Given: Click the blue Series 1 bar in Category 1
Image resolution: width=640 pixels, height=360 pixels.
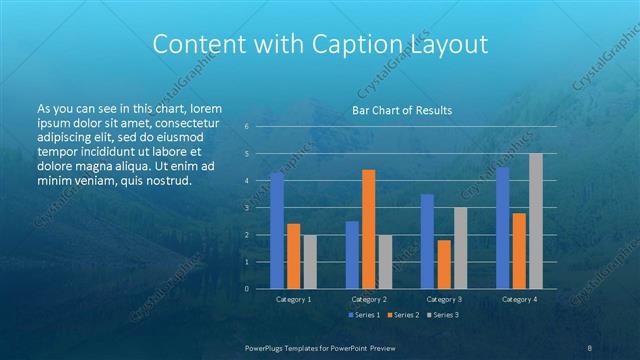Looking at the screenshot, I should pos(277,231).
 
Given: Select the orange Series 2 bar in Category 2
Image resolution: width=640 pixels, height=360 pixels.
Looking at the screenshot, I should pos(369,229).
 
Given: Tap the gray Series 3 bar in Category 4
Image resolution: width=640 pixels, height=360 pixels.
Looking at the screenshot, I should pos(536,221).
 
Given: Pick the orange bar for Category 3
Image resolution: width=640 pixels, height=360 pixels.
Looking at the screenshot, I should pos(444,264).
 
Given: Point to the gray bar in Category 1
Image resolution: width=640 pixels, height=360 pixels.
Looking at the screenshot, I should pos(310,262).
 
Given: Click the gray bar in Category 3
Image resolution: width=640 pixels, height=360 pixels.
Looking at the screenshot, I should pos(461,248).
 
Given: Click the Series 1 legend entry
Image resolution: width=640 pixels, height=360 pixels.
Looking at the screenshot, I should pos(364,315).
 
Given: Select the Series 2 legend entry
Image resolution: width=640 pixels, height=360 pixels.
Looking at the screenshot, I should pos(402,315).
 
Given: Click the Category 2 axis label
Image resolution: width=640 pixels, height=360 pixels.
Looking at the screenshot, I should pos(369,299).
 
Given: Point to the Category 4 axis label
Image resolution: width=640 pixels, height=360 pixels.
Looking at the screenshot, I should pos(519,299).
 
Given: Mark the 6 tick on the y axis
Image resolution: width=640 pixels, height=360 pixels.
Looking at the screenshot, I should pos(246,127).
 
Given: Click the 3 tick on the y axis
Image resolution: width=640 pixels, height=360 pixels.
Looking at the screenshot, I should pos(246,208).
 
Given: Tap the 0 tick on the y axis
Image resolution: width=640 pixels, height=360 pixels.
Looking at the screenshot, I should pos(246,289).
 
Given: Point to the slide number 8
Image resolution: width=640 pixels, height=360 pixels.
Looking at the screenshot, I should pos(590,346).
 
